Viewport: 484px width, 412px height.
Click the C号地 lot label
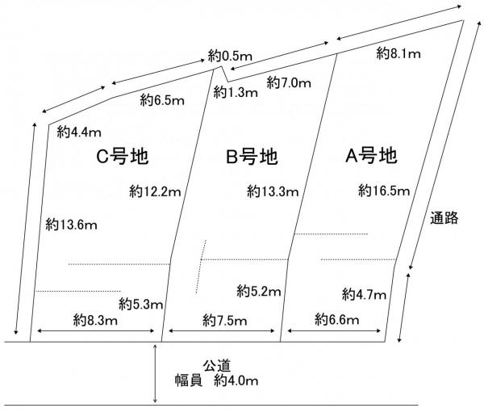122,155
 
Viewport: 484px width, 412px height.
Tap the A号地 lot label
371,154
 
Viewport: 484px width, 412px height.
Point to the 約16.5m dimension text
385,191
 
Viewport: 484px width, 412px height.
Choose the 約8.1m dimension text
398,54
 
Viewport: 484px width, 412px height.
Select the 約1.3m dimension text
236,93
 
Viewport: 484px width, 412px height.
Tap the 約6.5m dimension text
162,101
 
